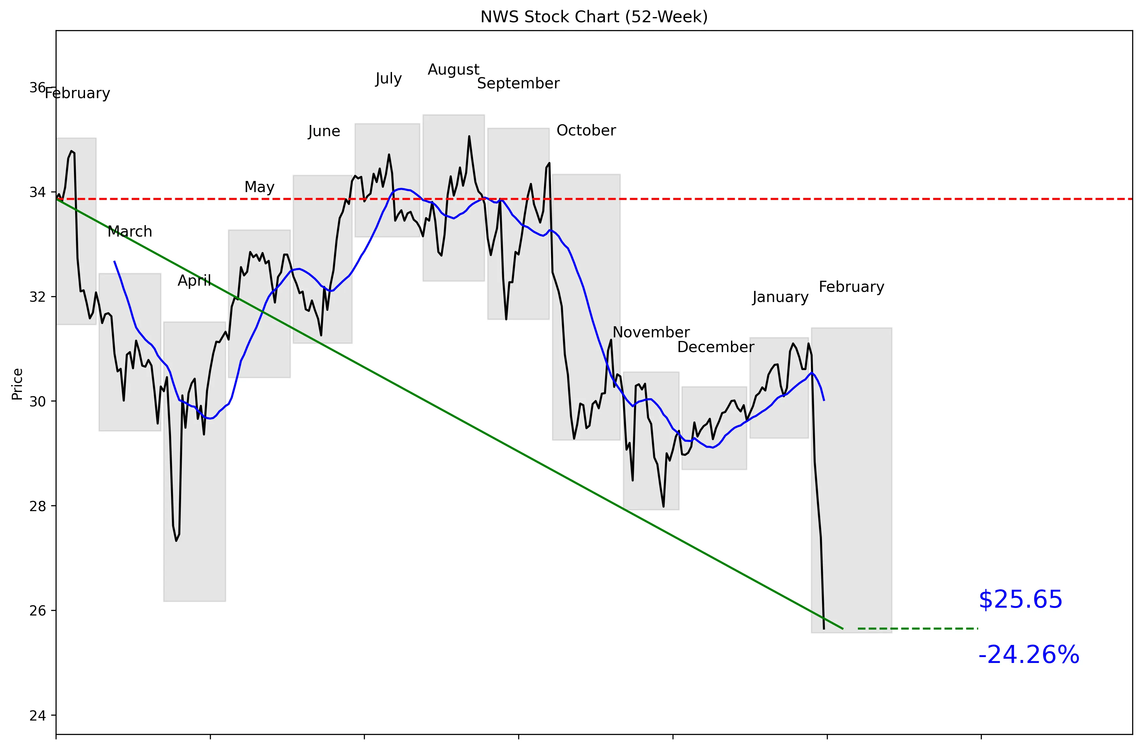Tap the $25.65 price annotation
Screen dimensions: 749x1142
pyautogui.click(x=1020, y=600)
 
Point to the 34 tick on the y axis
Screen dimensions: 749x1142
pyautogui.click(x=37, y=192)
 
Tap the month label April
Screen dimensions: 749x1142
pyautogui.click(x=194, y=281)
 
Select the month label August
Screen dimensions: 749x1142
pyautogui.click(x=453, y=70)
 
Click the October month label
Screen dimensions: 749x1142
pyautogui.click(x=586, y=131)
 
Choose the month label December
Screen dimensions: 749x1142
pyautogui.click(x=715, y=347)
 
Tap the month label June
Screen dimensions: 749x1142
pyautogui.click(x=324, y=132)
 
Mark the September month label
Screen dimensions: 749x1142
pyautogui.click(x=518, y=83)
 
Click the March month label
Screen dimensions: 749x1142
pyautogui.click(x=129, y=231)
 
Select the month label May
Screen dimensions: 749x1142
pyautogui.click(x=259, y=187)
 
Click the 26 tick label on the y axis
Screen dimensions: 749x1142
pyautogui.click(x=37, y=611)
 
